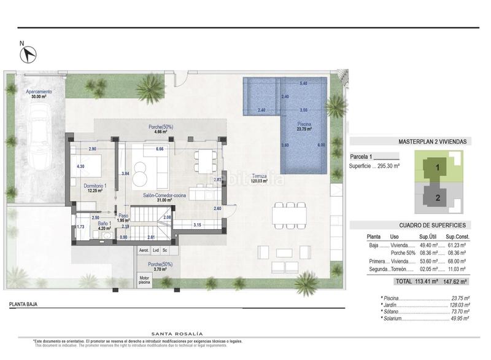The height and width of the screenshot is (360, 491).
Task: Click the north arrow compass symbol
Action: coord(26,54)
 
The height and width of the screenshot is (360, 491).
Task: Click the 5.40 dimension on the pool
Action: coord(303,84)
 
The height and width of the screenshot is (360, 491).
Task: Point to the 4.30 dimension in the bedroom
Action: coord(80,166)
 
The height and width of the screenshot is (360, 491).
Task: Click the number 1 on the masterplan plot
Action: coord(438,166)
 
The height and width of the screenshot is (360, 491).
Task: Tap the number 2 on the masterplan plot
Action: coord(438,198)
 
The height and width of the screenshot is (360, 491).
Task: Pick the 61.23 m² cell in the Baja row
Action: coord(457,244)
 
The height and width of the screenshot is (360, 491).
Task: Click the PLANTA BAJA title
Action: coord(26,304)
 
